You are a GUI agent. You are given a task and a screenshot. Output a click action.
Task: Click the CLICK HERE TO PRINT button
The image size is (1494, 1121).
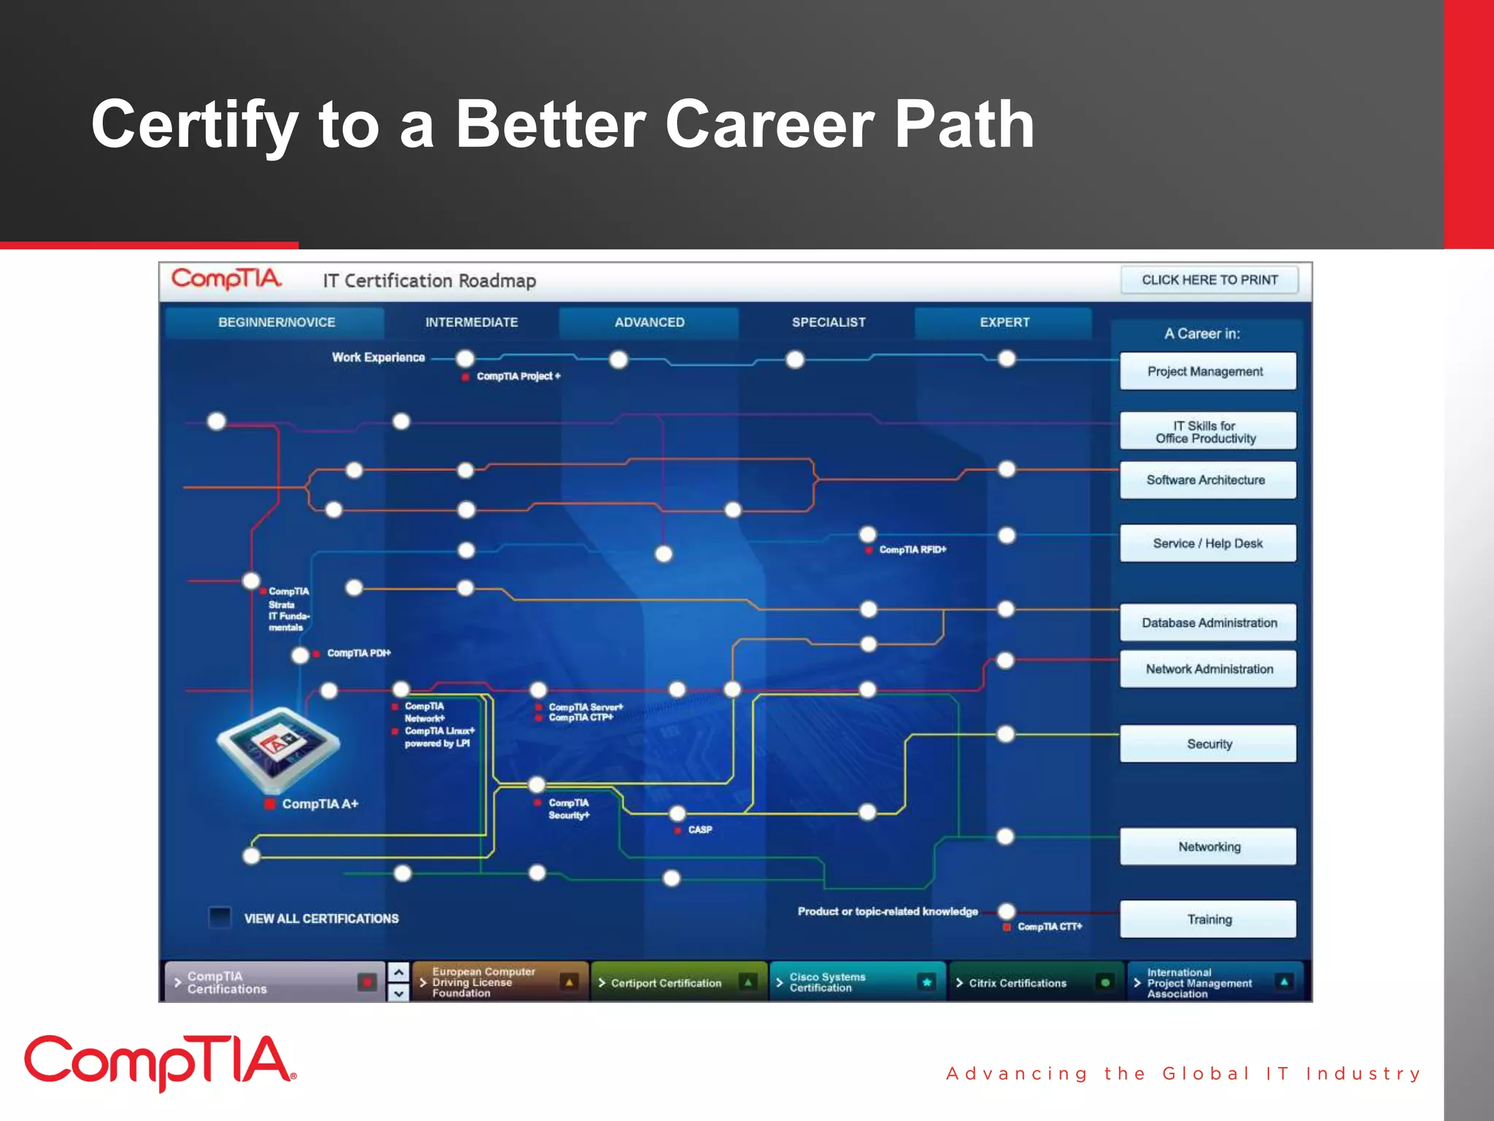pos(1209,280)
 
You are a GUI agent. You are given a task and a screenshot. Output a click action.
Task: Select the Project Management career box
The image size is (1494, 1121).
pos(1207,371)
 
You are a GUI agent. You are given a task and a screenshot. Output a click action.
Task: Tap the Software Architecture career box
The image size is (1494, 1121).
pos(1207,480)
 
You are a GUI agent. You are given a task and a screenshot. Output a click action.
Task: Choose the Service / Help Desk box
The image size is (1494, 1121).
pos(1207,544)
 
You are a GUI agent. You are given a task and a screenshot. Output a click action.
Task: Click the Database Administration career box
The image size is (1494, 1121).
pos(1207,623)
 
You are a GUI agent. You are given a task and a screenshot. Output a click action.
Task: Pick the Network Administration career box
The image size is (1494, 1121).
pos(1207,669)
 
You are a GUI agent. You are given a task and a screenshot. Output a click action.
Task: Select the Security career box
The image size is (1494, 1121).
pos(1207,744)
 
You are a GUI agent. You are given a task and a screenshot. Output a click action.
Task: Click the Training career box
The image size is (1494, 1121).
pos(1207,920)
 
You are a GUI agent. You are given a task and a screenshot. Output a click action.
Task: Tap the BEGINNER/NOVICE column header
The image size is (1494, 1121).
pos(276,323)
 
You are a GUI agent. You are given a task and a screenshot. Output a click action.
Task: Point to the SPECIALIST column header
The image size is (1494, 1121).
pos(828,323)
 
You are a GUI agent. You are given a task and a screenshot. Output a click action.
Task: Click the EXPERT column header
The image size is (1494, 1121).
pos(1004,323)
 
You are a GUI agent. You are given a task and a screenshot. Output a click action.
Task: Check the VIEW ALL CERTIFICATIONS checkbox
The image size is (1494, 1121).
pos(220,917)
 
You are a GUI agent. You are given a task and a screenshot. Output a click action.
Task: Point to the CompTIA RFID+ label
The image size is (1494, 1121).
pos(912,550)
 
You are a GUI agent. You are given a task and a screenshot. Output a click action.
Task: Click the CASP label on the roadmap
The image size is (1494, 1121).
pos(700,830)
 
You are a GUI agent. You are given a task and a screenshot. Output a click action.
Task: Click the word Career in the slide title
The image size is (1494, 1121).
pos(769,125)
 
